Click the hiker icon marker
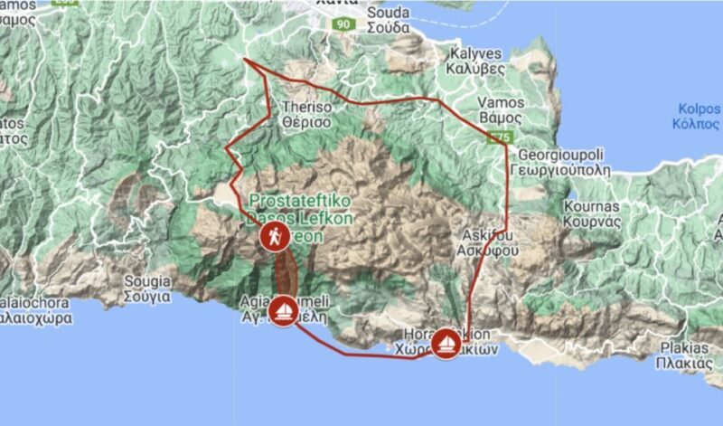[x=272, y=238]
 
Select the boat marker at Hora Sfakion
[x=445, y=343]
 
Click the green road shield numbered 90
[x=342, y=24]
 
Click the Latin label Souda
[x=390, y=13]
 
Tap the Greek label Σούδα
[x=390, y=27]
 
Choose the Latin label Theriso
[x=308, y=106]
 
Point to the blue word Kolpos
[x=699, y=109]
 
